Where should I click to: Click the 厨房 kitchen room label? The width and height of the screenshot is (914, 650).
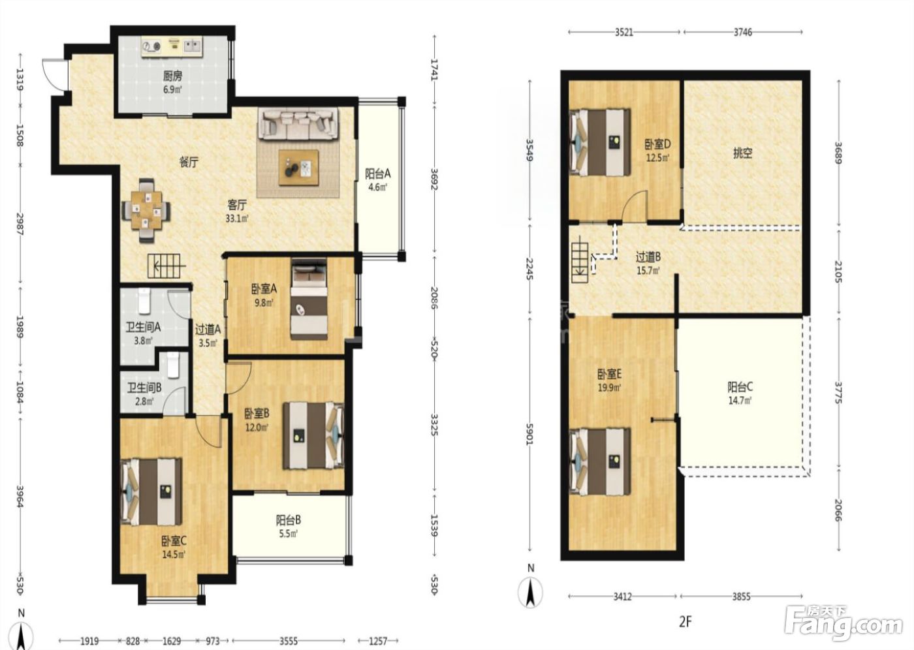[172, 76]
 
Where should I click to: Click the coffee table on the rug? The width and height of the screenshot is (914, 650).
[299, 168]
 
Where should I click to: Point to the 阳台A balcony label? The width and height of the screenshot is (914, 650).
[377, 174]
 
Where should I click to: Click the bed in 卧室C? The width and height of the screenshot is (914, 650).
[151, 492]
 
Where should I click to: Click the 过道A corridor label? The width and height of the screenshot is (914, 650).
[208, 329]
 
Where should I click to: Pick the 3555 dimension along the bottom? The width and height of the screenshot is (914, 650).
[288, 641]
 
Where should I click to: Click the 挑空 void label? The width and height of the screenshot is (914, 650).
[743, 153]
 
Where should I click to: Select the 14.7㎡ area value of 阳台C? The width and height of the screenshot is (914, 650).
[740, 401]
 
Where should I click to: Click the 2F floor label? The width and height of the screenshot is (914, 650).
[685, 621]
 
